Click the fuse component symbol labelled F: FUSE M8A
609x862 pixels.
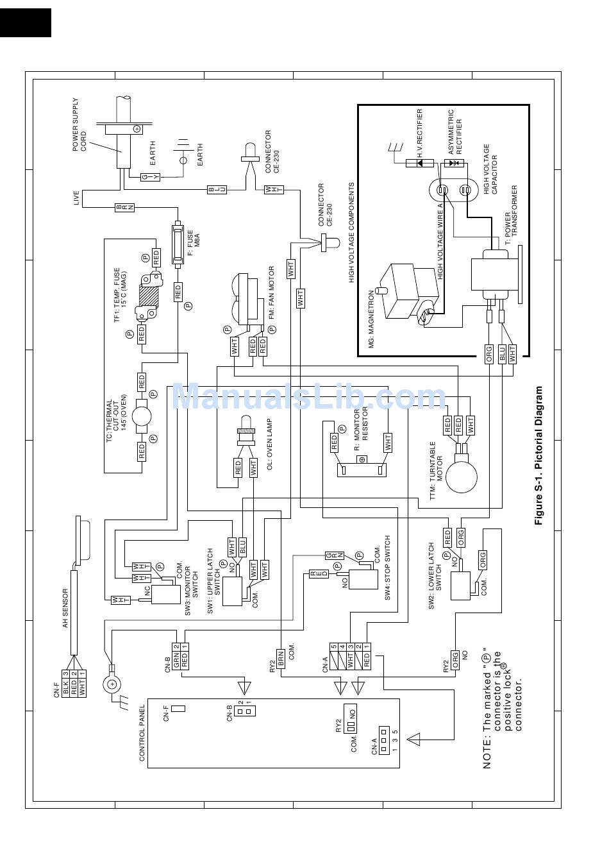point(178,244)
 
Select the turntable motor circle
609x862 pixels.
point(462,477)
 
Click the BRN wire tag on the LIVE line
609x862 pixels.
point(125,207)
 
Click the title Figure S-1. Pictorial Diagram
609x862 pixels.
point(538,455)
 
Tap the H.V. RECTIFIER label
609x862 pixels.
point(419,134)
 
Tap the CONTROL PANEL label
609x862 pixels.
point(142,733)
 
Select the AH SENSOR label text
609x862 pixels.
point(65,608)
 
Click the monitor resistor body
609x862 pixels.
point(362,470)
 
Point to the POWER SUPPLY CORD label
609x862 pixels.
point(79,124)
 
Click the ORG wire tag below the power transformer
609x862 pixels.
point(489,353)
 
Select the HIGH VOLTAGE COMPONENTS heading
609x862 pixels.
point(351,233)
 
